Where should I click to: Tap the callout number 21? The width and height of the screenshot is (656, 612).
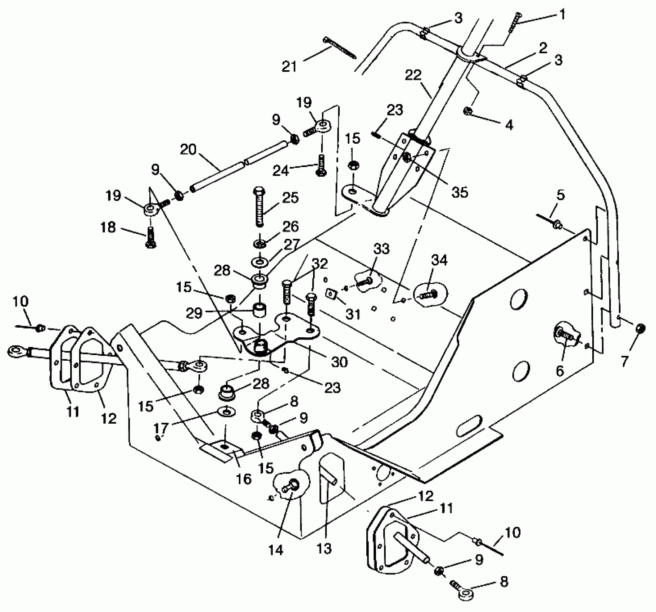(290, 66)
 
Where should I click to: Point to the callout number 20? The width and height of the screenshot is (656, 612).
(187, 149)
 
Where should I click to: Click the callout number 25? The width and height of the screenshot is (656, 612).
(290, 198)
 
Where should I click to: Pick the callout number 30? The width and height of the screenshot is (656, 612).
(339, 362)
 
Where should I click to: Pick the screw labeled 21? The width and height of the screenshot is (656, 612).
(340, 47)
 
